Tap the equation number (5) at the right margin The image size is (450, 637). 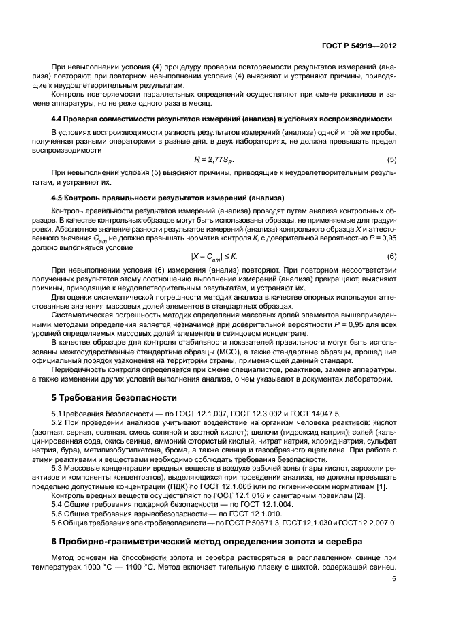coord(392,159)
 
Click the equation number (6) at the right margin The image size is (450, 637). coord(392,256)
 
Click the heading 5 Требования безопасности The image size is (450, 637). coord(114,397)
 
